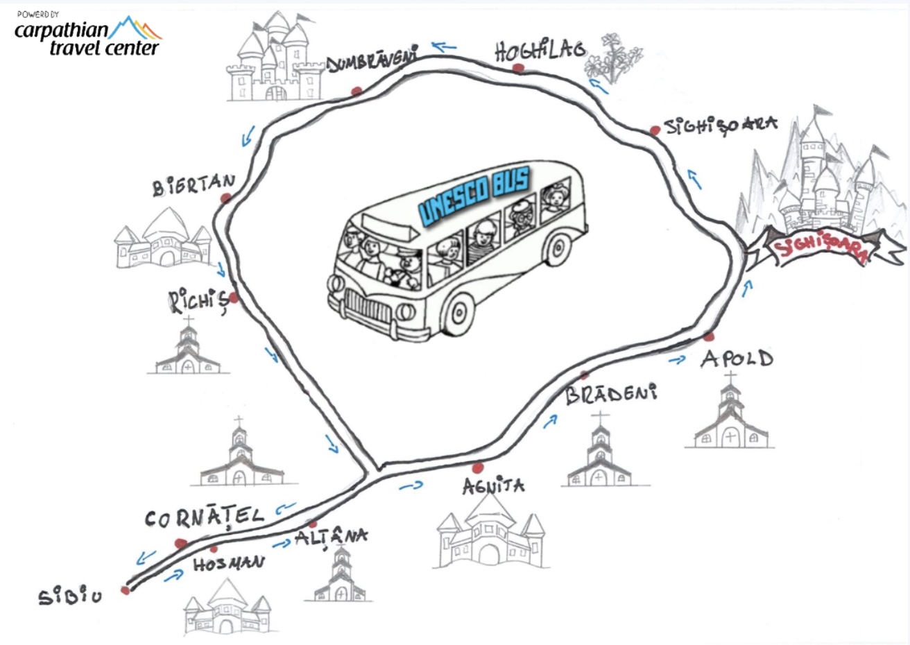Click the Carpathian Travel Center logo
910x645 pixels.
pos(87,35)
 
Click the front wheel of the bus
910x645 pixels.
pos(458,311)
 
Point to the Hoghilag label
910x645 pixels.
pos(539,50)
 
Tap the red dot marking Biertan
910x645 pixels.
pos(225,198)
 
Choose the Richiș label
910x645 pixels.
pos(197,302)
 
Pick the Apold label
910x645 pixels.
pos(737,359)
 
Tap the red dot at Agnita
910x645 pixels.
pos(477,467)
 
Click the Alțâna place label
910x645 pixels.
pos(331,537)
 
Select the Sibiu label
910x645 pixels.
pos(70,596)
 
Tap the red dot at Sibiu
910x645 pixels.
pos(126,590)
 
